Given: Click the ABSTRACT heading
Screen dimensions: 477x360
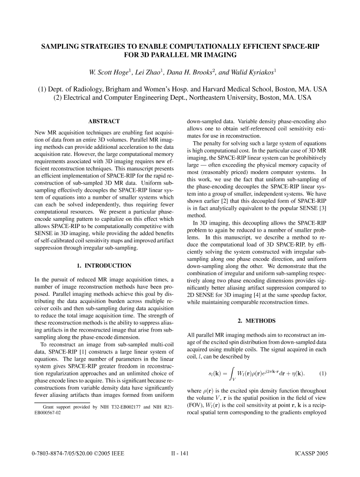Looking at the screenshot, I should click(103, 122).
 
